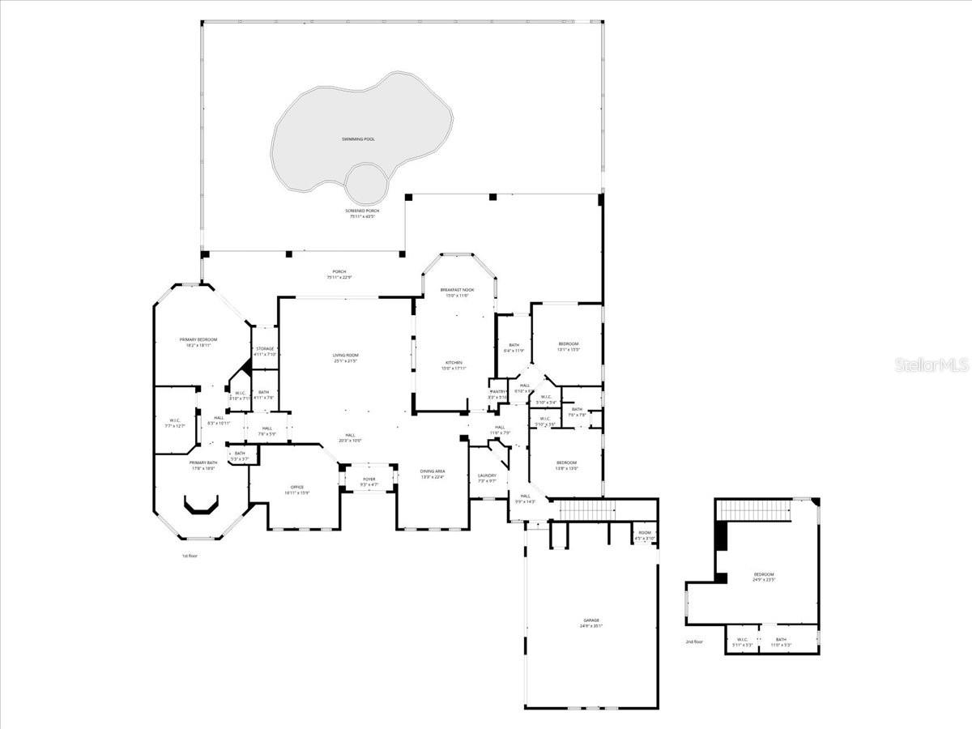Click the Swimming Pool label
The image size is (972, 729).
click(x=357, y=139)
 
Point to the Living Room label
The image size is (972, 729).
click(x=345, y=357)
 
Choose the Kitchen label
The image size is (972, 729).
click(x=454, y=364)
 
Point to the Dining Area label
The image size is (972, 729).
click(x=433, y=473)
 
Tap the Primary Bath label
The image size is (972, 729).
click(x=203, y=464)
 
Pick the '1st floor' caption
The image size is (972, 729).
click(x=190, y=556)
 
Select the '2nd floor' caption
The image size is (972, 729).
click(x=694, y=642)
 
